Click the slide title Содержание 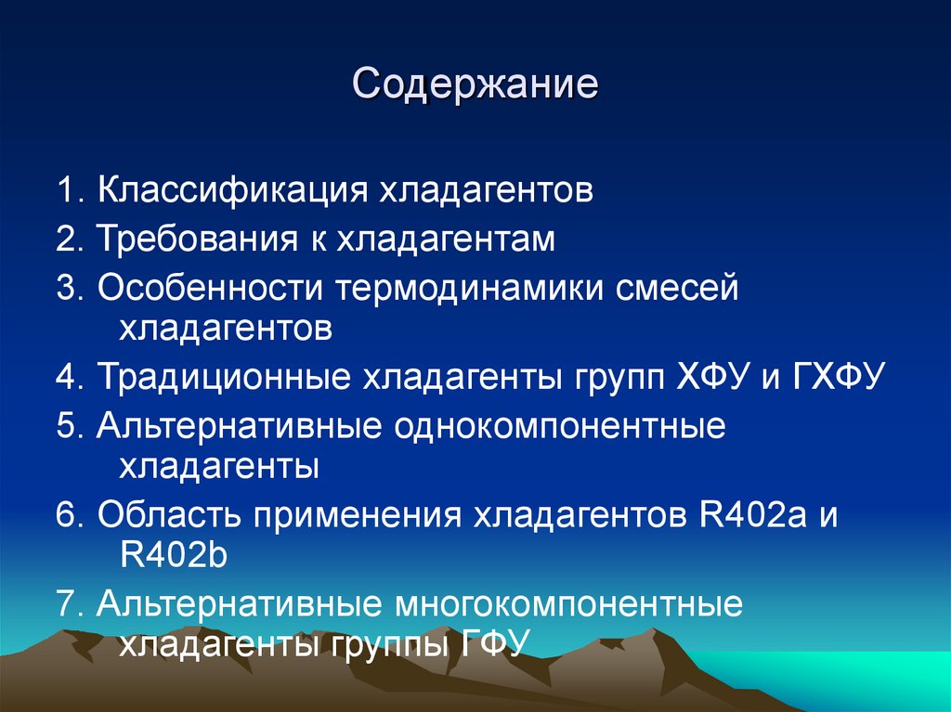pos(475,85)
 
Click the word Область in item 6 pos(163,515)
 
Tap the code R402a pos(750,515)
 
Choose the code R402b pos(174,556)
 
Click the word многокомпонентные pos(570,605)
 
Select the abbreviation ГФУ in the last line pos(494,642)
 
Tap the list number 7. pos(67,605)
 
